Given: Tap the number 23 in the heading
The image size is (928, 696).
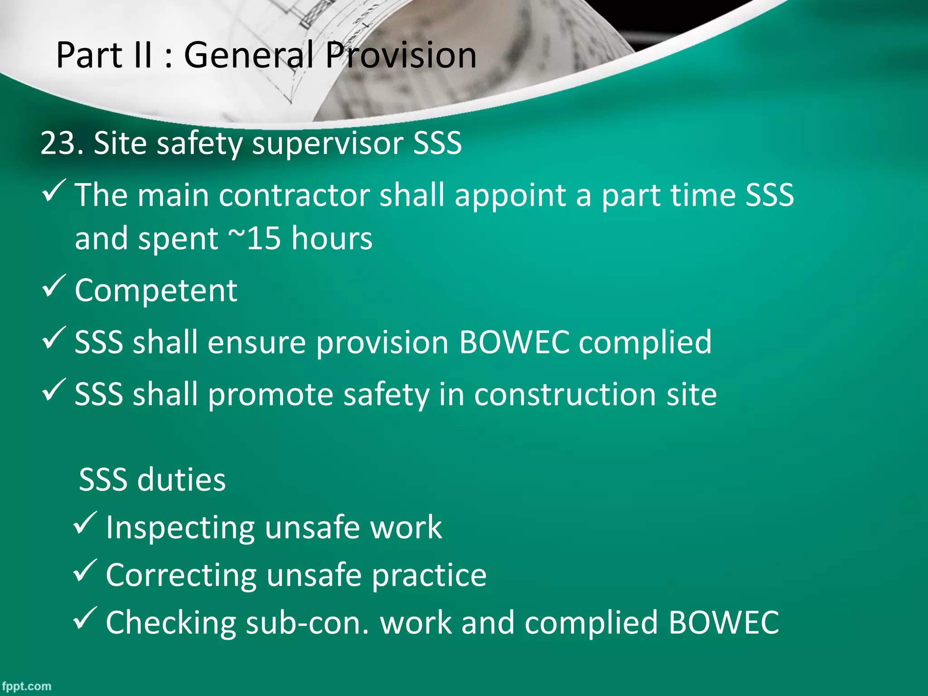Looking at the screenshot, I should tap(57, 143).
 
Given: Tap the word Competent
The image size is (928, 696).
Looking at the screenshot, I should tap(156, 290).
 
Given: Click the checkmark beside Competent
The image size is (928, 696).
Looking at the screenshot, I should tap(54, 286).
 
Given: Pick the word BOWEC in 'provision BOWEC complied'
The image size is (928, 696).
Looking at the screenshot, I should tap(514, 342).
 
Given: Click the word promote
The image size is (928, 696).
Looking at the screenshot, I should tap(271, 395).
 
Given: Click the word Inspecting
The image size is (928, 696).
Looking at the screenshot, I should tap(180, 528).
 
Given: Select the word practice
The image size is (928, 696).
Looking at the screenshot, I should tap(429, 576).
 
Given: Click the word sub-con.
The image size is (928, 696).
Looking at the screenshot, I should tap(308, 623).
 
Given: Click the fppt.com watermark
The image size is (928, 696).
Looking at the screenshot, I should tap(26, 686).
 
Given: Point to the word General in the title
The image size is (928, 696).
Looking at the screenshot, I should tap(249, 55).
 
